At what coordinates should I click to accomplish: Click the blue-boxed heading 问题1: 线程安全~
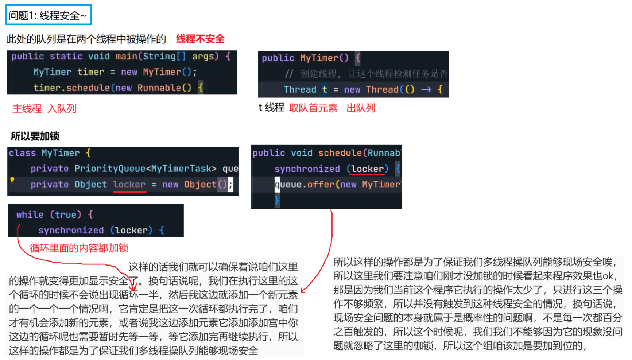[48, 15]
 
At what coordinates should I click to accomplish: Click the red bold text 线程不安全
[200, 39]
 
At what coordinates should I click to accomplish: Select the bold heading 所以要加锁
[35, 136]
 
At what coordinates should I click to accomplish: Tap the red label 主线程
[27, 109]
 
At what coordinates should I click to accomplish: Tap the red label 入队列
[62, 109]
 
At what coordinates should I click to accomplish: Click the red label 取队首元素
[313, 108]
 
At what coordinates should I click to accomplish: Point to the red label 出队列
[360, 108]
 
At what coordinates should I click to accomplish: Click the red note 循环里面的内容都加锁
[79, 248]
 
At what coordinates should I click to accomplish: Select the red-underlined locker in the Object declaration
[129, 185]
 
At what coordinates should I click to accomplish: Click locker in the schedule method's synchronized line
[368, 169]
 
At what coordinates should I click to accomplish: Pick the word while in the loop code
[30, 214]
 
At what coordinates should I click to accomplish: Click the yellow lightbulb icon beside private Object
[12, 179]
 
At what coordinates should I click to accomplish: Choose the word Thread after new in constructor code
[382, 89]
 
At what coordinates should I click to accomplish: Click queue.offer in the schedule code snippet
[305, 185]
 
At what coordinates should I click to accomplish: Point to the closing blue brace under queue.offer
[276, 200]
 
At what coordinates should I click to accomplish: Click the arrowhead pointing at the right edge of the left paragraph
[303, 291]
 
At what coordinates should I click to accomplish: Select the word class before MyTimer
[22, 153]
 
